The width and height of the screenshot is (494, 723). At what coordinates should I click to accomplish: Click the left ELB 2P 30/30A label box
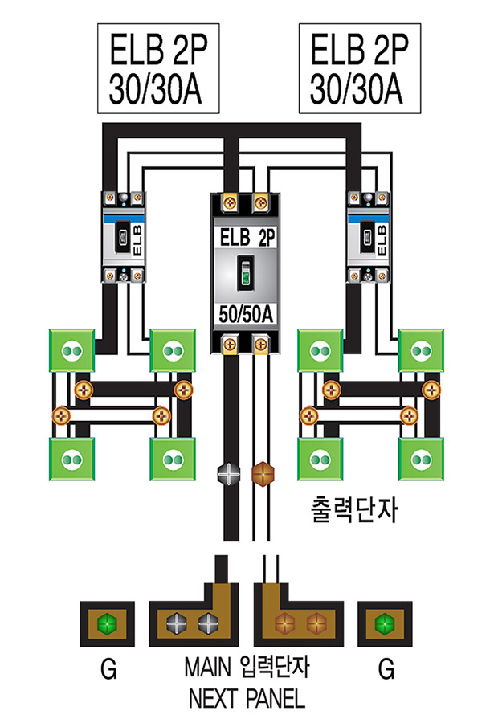(158, 69)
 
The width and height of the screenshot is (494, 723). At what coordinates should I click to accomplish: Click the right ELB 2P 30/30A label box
(360, 69)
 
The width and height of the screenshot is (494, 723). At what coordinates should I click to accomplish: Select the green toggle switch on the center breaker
(246, 273)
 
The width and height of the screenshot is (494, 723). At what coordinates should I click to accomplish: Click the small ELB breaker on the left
(123, 237)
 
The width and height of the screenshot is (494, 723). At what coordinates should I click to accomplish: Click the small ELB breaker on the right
(368, 237)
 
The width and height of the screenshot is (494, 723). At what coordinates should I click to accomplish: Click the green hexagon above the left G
(107, 624)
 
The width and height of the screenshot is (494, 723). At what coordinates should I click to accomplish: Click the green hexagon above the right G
(385, 624)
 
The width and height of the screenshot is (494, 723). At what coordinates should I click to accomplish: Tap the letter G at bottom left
(109, 668)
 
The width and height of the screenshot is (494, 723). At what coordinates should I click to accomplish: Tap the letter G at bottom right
(386, 668)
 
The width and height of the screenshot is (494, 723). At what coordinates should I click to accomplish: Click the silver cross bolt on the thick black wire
(229, 473)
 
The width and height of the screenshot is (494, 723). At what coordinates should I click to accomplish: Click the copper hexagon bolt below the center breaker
(263, 473)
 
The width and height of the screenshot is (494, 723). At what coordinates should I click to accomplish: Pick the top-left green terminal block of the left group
(72, 350)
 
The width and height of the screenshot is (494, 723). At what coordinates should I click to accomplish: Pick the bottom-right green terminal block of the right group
(421, 460)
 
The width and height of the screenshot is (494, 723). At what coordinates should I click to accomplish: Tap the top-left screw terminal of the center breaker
(230, 202)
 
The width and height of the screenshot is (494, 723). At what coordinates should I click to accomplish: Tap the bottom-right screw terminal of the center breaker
(261, 344)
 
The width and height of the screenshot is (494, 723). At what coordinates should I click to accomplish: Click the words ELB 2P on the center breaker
(247, 239)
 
